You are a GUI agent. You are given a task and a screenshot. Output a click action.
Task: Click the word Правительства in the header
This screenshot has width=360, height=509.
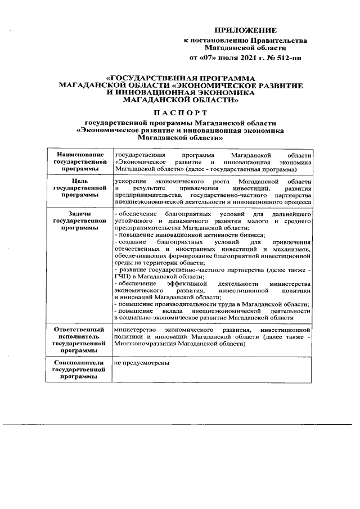click(280, 40)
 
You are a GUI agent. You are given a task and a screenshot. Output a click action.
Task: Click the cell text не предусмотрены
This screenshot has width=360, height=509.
click(141, 363)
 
